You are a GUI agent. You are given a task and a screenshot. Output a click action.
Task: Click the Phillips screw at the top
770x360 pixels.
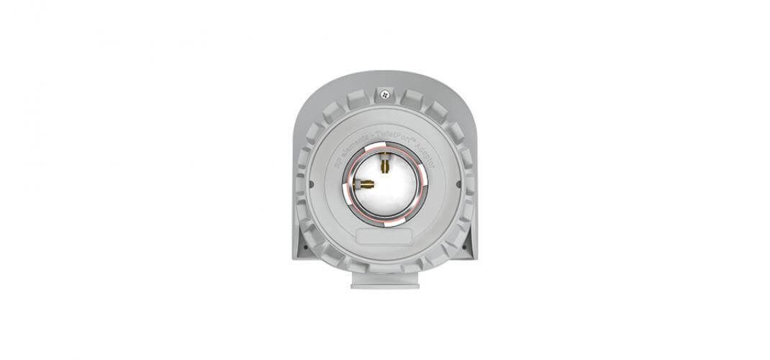[386, 93]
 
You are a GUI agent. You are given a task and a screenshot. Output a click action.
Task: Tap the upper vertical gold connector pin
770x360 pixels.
[385, 165]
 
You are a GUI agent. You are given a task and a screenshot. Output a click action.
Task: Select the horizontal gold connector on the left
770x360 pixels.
[366, 184]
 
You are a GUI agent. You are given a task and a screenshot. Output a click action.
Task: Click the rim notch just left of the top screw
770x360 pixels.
[358, 99]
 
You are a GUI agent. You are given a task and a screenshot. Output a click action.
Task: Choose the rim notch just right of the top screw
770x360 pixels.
[412, 99]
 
